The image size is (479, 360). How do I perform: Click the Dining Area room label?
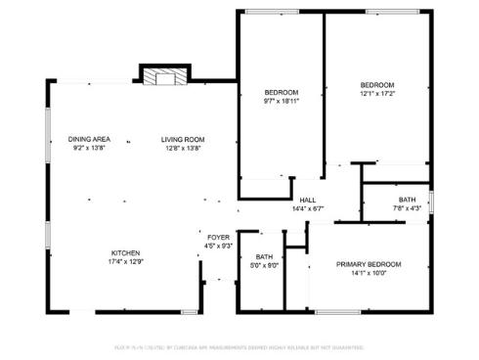[x=88, y=139]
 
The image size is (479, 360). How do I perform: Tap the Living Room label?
[x=182, y=139]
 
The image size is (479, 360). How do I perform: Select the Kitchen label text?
[x=124, y=252]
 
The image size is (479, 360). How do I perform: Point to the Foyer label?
[x=218, y=237]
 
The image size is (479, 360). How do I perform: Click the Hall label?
[x=307, y=200]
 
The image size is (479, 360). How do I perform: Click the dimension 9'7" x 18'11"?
[x=281, y=101]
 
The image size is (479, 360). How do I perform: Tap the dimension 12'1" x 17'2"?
[x=376, y=94]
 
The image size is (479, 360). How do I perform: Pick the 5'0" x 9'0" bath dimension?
[x=265, y=264]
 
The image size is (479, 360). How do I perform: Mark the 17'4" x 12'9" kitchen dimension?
[x=124, y=261]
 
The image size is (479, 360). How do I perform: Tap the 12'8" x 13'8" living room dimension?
[x=182, y=148]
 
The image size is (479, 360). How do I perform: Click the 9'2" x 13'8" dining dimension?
[x=88, y=148]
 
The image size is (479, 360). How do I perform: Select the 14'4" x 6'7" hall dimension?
[x=307, y=208]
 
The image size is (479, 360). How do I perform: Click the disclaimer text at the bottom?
[x=239, y=347]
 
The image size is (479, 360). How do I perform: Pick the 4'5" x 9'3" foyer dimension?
[x=218, y=246]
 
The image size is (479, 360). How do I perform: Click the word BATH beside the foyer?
[x=265, y=255]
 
